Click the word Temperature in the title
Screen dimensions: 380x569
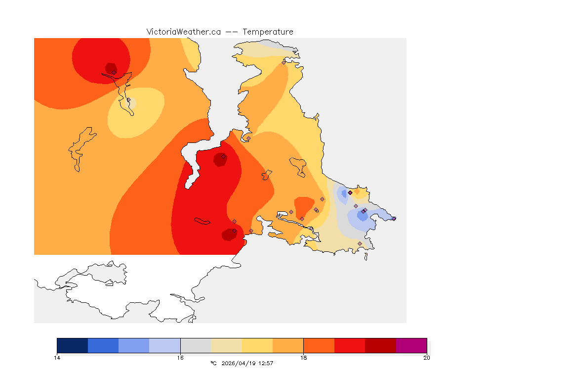268,32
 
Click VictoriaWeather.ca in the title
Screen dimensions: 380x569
183,32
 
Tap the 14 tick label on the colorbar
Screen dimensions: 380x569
57,358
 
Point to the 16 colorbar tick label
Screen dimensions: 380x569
180,358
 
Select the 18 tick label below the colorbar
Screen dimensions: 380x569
303,358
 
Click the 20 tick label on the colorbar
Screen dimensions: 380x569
427,358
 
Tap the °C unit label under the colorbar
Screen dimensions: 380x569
213,363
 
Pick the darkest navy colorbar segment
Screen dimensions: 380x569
72,345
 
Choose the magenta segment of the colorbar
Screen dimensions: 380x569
411,345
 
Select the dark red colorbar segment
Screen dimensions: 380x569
380,345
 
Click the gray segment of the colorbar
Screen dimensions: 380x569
196,345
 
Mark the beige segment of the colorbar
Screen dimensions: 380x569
226,345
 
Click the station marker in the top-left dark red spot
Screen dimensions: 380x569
114,72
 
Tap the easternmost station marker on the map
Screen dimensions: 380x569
394,218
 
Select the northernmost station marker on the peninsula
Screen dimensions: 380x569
284,62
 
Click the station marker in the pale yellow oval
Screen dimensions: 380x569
129,100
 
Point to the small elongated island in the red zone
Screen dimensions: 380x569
203,221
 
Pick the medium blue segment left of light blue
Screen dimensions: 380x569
134,345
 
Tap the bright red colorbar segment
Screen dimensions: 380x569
350,345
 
